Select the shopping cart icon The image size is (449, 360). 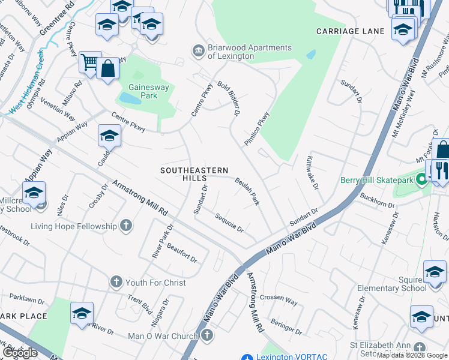click(89, 61)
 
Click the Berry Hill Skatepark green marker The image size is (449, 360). click(421, 179)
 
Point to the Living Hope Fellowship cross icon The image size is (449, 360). click(125, 226)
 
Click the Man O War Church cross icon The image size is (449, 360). click(207, 336)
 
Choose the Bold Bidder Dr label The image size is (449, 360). click(229, 98)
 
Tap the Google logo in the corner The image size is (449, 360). click(20, 353)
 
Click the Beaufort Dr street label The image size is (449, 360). click(182, 253)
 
